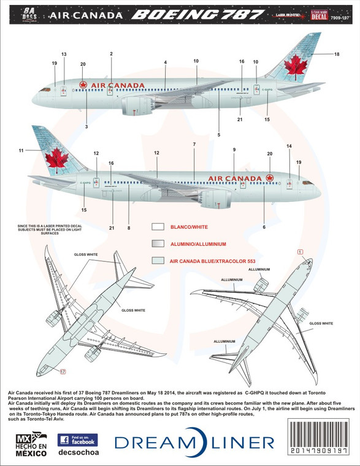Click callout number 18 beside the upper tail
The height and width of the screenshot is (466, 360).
pos(336,55)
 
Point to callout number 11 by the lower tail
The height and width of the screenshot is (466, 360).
pos(21,150)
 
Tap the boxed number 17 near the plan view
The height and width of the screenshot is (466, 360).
pos(63,370)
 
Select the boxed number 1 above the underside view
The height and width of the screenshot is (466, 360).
pos(301,251)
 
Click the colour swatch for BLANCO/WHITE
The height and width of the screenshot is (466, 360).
pos(158,226)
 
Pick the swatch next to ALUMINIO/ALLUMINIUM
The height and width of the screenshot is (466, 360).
pos(158,243)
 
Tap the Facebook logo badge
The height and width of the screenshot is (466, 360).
pos(76,440)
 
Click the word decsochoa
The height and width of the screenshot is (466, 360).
pos(76,456)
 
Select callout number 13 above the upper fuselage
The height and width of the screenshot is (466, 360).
pos(64,55)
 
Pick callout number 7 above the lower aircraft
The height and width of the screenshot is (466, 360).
pos(194,144)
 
